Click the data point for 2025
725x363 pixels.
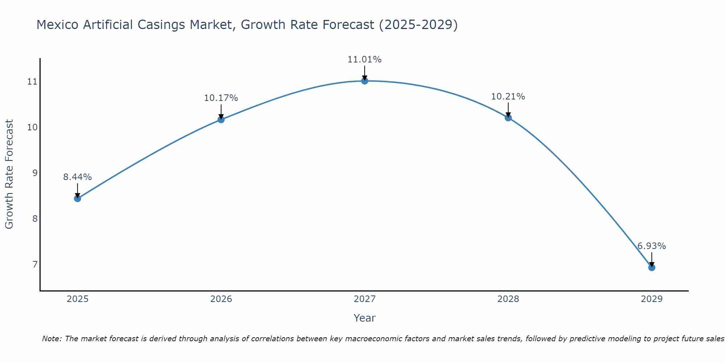(x=77, y=198)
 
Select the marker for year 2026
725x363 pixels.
(x=221, y=119)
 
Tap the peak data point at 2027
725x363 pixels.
(x=365, y=81)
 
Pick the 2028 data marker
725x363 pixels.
(x=508, y=118)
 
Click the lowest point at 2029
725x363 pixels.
(x=651, y=268)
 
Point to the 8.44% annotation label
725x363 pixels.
(x=77, y=177)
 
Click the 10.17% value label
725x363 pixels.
(x=221, y=98)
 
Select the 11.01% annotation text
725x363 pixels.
(x=364, y=60)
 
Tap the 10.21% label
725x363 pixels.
(x=508, y=97)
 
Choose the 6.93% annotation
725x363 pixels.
(x=651, y=246)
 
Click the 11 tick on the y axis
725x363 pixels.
(x=32, y=82)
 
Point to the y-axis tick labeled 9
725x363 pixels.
(x=35, y=173)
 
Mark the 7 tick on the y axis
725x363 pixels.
(x=35, y=265)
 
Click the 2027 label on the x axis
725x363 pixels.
(x=364, y=299)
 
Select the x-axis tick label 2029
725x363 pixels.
(x=651, y=299)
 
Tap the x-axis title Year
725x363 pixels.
(x=364, y=318)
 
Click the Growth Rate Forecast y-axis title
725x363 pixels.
(x=9, y=174)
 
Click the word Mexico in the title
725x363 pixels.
(x=58, y=25)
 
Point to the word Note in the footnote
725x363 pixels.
(x=52, y=339)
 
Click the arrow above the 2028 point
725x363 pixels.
(x=508, y=110)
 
